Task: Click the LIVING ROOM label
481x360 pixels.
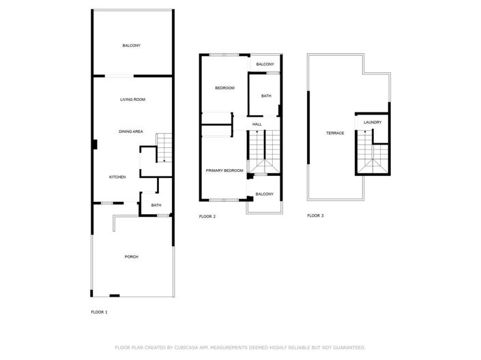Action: click(x=132, y=100)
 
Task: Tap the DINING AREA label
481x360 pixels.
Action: click(x=130, y=132)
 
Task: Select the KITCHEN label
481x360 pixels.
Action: click(x=117, y=177)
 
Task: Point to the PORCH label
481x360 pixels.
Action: click(x=131, y=257)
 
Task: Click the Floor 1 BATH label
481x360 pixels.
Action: click(x=156, y=205)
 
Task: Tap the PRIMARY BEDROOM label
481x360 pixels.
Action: click(x=224, y=170)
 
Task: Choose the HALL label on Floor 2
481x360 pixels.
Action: click(x=257, y=124)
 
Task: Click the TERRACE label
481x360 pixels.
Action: click(x=334, y=132)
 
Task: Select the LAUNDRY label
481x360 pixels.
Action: click(x=372, y=123)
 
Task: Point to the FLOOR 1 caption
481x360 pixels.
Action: click(x=99, y=312)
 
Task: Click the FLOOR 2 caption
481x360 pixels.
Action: click(x=207, y=216)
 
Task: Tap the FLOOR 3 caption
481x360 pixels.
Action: click(x=315, y=215)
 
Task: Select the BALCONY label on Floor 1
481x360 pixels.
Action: click(x=132, y=46)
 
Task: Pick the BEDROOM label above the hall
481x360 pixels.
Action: click(x=224, y=88)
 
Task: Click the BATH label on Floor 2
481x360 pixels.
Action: click(x=266, y=95)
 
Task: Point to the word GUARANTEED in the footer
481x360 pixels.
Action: click(x=345, y=347)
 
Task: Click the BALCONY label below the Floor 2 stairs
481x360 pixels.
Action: click(x=264, y=194)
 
